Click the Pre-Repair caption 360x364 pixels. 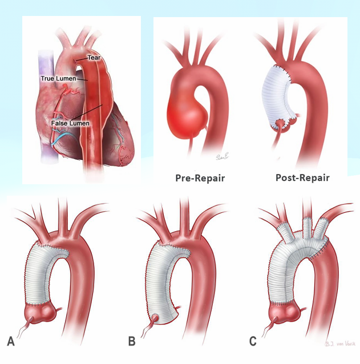pyautogui.click(x=200, y=177)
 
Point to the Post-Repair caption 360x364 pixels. pyautogui.click(x=302, y=177)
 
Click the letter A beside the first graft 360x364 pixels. pyautogui.click(x=11, y=342)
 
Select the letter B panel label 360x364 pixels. pyautogui.click(x=132, y=342)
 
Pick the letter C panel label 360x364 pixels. pyautogui.click(x=253, y=342)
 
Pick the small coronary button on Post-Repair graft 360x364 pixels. pyautogui.click(x=281, y=126)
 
